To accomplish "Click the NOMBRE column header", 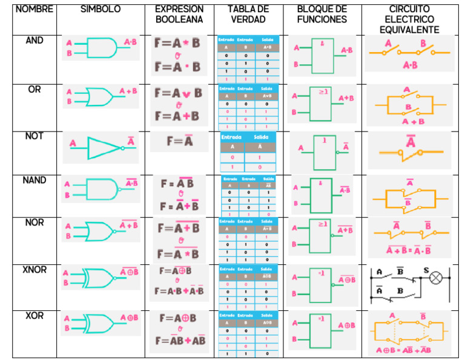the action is [x=34, y=9].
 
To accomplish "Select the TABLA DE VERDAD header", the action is [x=248, y=14].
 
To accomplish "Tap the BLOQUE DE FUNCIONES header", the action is [x=322, y=14].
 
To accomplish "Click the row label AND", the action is [x=35, y=41].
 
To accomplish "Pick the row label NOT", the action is [x=35, y=136].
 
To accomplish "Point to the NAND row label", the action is [x=35, y=181].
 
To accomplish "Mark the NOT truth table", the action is [x=248, y=152].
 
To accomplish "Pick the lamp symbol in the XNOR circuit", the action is [x=436, y=278].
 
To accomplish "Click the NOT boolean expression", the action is [x=180, y=141].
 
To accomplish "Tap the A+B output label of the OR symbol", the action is [x=128, y=91].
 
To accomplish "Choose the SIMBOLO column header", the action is [x=101, y=9].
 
